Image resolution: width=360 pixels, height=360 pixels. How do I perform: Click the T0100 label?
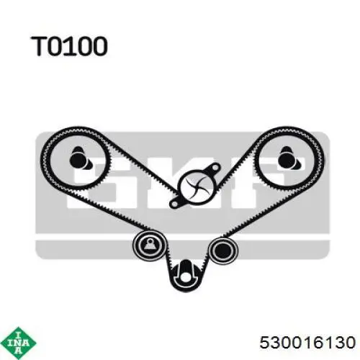(x=69, y=46)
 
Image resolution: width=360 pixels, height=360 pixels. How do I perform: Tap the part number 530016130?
(x=307, y=342)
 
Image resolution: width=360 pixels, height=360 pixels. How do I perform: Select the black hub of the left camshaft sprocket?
(x=78, y=160)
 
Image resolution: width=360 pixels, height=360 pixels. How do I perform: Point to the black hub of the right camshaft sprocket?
(x=287, y=160)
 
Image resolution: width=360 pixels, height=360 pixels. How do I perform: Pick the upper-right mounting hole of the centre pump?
(x=215, y=168)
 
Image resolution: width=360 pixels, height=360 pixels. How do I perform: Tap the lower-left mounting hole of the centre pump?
(x=174, y=204)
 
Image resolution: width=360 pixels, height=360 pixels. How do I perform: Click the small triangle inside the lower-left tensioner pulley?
(x=149, y=245)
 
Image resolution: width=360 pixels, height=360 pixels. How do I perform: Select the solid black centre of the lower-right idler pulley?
(x=222, y=250)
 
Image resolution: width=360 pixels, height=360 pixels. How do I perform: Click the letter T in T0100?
(x=40, y=46)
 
